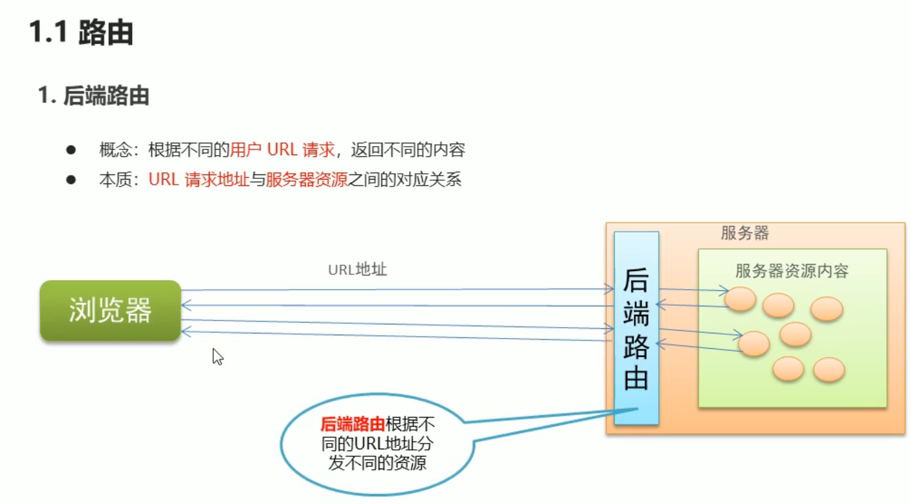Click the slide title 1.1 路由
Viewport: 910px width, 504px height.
pyautogui.click(x=81, y=33)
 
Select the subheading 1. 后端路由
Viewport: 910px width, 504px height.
pyautogui.click(x=93, y=96)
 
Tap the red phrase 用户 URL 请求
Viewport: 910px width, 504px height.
pyautogui.click(x=283, y=150)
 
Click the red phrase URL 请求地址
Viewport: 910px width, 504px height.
pyautogui.click(x=198, y=180)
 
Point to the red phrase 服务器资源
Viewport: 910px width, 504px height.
pyautogui.click(x=307, y=180)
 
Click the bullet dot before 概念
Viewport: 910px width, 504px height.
pyautogui.click(x=71, y=150)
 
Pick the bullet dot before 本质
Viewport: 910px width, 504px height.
pyautogui.click(x=71, y=180)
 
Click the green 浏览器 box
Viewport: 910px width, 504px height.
pyautogui.click(x=110, y=310)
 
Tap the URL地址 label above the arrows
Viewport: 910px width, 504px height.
pyautogui.click(x=357, y=269)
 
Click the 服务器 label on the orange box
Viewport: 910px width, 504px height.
pyautogui.click(x=744, y=233)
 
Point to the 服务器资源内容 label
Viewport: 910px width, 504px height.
pyautogui.click(x=792, y=271)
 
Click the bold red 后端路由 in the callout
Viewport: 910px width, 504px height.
pyautogui.click(x=352, y=424)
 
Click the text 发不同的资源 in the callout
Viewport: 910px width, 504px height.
pyautogui.click(x=377, y=462)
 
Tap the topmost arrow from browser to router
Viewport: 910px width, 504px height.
pyautogui.click(x=396, y=290)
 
